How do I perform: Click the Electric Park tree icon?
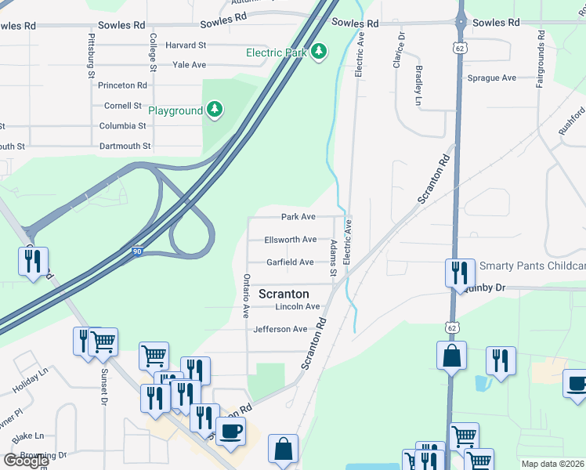pos(318,52)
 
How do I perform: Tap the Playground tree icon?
pos(215,110)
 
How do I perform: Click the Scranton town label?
pos(284,294)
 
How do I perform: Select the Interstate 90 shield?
pos(138,251)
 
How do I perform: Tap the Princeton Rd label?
pos(125,85)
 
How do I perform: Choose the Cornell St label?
pos(123,106)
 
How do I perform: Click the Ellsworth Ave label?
pos(291,240)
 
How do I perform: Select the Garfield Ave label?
pos(289,262)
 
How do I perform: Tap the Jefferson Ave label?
pos(280,330)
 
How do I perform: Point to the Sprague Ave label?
pos(492,78)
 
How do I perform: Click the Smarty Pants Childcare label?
pos(532,266)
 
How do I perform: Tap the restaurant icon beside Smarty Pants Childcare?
pos(460,272)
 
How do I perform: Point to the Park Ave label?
pos(298,217)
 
